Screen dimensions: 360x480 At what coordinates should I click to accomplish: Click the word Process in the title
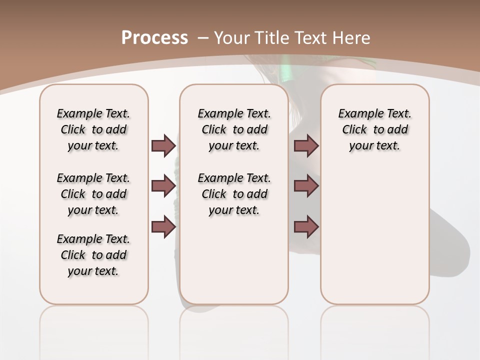point(154,38)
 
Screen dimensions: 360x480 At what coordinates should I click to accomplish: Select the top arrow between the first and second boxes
point(163,145)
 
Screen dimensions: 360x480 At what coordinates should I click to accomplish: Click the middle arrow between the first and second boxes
point(163,186)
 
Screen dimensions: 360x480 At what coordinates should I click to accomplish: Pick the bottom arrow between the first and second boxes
point(163,226)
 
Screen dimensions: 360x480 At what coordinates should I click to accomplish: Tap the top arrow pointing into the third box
point(306,145)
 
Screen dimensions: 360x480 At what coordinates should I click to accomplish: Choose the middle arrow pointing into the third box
point(306,186)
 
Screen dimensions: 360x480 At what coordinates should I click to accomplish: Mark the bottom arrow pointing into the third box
point(306,226)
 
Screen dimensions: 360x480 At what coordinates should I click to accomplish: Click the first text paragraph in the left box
point(93,129)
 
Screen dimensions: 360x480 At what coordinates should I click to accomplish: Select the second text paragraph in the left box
point(93,194)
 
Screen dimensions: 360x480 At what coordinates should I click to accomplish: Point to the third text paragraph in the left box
point(93,255)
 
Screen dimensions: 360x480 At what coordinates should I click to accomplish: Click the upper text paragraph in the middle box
point(234,129)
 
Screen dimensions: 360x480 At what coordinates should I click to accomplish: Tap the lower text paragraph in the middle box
point(234,194)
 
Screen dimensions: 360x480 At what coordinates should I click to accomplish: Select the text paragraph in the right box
point(374,129)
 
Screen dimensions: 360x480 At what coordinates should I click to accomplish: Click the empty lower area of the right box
point(374,240)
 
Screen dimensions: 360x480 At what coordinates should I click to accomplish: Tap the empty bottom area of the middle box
point(234,265)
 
